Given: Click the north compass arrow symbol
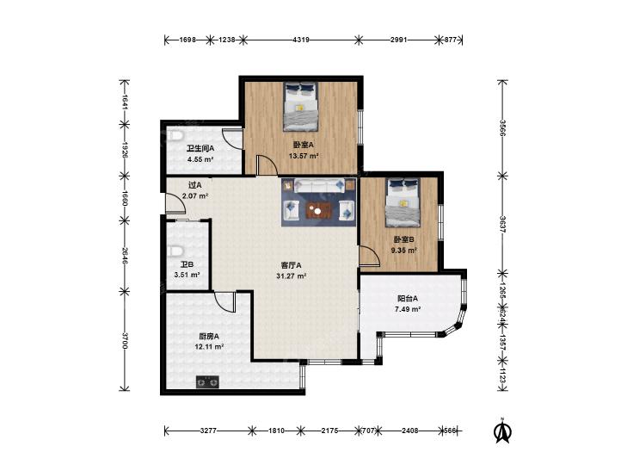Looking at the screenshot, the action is (502, 431).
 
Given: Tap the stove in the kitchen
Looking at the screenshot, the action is (207, 382).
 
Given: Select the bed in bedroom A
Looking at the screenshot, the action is (300, 107).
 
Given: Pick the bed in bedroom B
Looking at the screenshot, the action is (403, 202).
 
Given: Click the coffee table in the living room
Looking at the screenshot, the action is (319, 210).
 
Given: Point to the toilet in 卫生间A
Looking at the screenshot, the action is (175, 136).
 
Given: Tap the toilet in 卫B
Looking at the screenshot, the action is (175, 251).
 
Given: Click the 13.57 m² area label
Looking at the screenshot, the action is (304, 156).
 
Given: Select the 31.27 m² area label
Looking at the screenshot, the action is (292, 276).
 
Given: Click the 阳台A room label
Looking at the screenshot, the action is (408, 298).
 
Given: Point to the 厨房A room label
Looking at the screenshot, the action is (209, 336).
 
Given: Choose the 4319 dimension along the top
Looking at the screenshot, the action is (301, 40).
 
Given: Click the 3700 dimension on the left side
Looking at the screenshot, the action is (125, 340).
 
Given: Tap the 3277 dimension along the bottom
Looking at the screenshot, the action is (208, 431).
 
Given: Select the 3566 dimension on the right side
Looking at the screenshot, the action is (502, 128).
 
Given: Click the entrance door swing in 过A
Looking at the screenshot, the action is (176, 203).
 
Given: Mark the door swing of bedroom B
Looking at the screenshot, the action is (370, 256).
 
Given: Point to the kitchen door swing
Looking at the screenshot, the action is (224, 302).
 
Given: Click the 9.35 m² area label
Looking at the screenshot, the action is (404, 250).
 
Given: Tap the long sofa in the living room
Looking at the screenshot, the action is (319, 185).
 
